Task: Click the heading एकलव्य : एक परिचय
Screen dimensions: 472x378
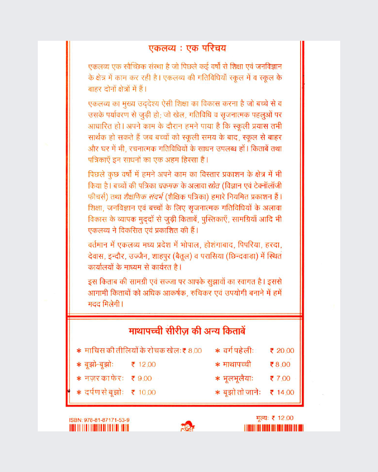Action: [187, 48]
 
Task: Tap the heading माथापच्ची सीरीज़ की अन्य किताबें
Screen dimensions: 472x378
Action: [187, 331]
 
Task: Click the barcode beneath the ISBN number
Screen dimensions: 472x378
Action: [99, 428]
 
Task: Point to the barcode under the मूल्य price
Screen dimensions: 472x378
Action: [274, 428]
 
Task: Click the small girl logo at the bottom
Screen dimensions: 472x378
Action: [188, 426]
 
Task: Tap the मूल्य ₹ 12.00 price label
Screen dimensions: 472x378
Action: [275, 418]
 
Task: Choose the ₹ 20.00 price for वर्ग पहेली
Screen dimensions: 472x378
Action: [282, 351]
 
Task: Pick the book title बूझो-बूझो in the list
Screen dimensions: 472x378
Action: [99, 365]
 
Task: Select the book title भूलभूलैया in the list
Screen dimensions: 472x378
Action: [238, 379]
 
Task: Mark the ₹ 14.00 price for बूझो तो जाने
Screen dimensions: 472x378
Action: [282, 392]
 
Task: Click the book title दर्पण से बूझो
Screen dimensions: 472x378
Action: [104, 392]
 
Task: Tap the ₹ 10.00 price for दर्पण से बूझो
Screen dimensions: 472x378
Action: [143, 392]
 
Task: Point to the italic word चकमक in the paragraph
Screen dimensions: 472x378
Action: [168, 186]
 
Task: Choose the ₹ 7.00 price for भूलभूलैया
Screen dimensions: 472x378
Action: [280, 379]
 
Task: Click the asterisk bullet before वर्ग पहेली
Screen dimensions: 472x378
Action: [217, 351]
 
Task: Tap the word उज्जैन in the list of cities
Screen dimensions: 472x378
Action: [139, 256]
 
